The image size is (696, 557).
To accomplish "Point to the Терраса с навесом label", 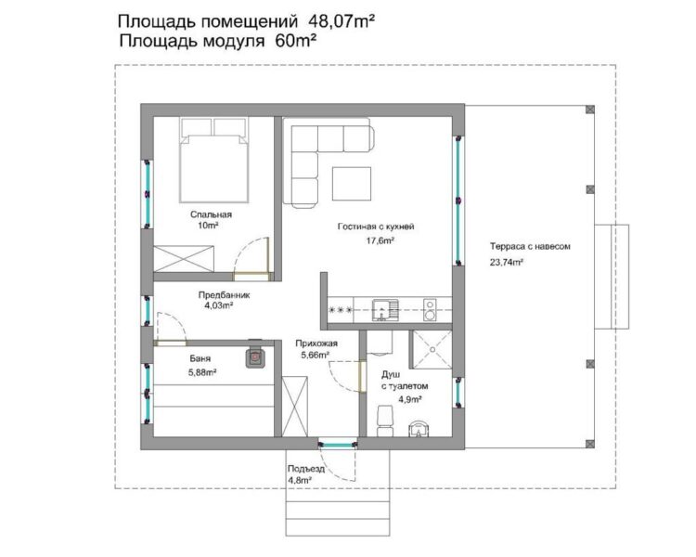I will pos(529,248).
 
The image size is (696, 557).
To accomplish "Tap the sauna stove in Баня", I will pos(254,357).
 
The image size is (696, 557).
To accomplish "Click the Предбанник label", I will pos(224,294).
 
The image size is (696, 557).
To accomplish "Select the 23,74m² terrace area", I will pos(506,263).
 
